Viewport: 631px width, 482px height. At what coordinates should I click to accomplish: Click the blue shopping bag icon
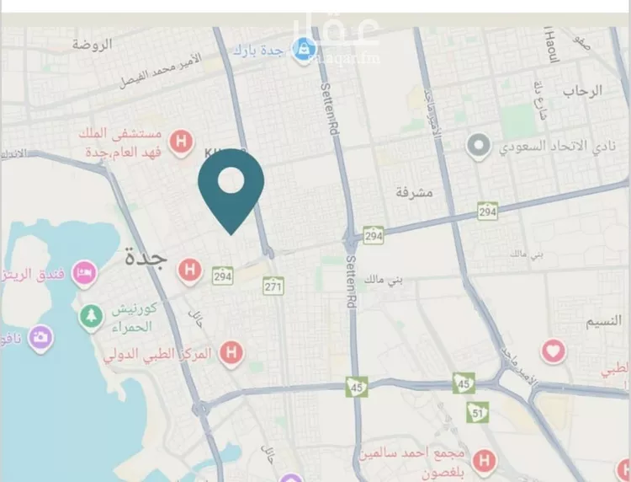pos(302,51)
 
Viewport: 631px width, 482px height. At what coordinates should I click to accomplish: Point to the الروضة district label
pos(92,44)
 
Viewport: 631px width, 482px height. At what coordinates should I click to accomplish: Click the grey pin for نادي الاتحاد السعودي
pos(480,147)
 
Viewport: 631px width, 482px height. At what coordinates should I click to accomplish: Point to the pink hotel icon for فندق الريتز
pos(85,272)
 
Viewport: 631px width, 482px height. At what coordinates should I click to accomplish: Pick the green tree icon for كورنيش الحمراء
pos(89,318)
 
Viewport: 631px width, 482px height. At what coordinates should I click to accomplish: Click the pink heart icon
pos(553,350)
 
